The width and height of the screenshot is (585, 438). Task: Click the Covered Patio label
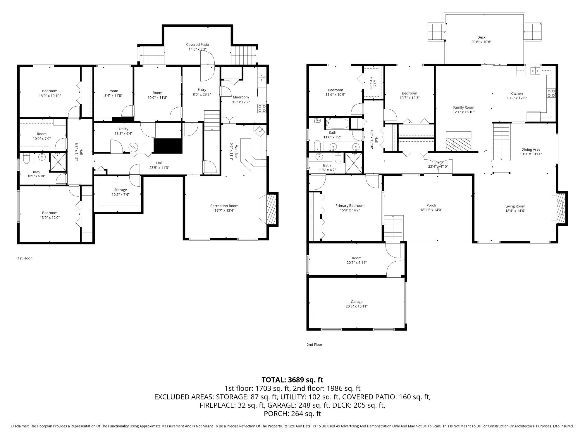tap(197, 45)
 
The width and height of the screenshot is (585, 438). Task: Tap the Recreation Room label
tap(224, 206)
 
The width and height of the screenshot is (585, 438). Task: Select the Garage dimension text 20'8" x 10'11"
tap(357, 306)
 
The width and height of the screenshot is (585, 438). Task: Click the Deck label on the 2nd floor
tap(481, 37)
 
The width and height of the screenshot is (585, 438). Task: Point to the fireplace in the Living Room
tap(560, 208)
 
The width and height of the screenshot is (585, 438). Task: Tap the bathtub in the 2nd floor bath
tap(337, 124)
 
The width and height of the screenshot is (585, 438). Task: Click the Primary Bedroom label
tap(350, 206)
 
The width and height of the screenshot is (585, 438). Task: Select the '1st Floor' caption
tap(25, 258)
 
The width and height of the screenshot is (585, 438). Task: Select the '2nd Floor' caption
tap(314, 345)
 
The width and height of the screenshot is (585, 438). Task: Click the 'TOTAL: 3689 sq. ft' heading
tap(292, 380)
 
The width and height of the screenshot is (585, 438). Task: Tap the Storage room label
tap(121, 190)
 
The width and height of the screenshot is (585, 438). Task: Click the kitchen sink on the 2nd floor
tap(535, 71)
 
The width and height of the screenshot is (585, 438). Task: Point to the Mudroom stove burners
tap(262, 108)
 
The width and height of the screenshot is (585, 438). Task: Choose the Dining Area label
tap(531, 150)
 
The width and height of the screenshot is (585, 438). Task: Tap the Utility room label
tap(123, 129)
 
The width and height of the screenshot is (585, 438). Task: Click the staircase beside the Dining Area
tap(501, 142)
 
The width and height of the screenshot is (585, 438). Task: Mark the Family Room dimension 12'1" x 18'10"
tap(464, 112)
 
